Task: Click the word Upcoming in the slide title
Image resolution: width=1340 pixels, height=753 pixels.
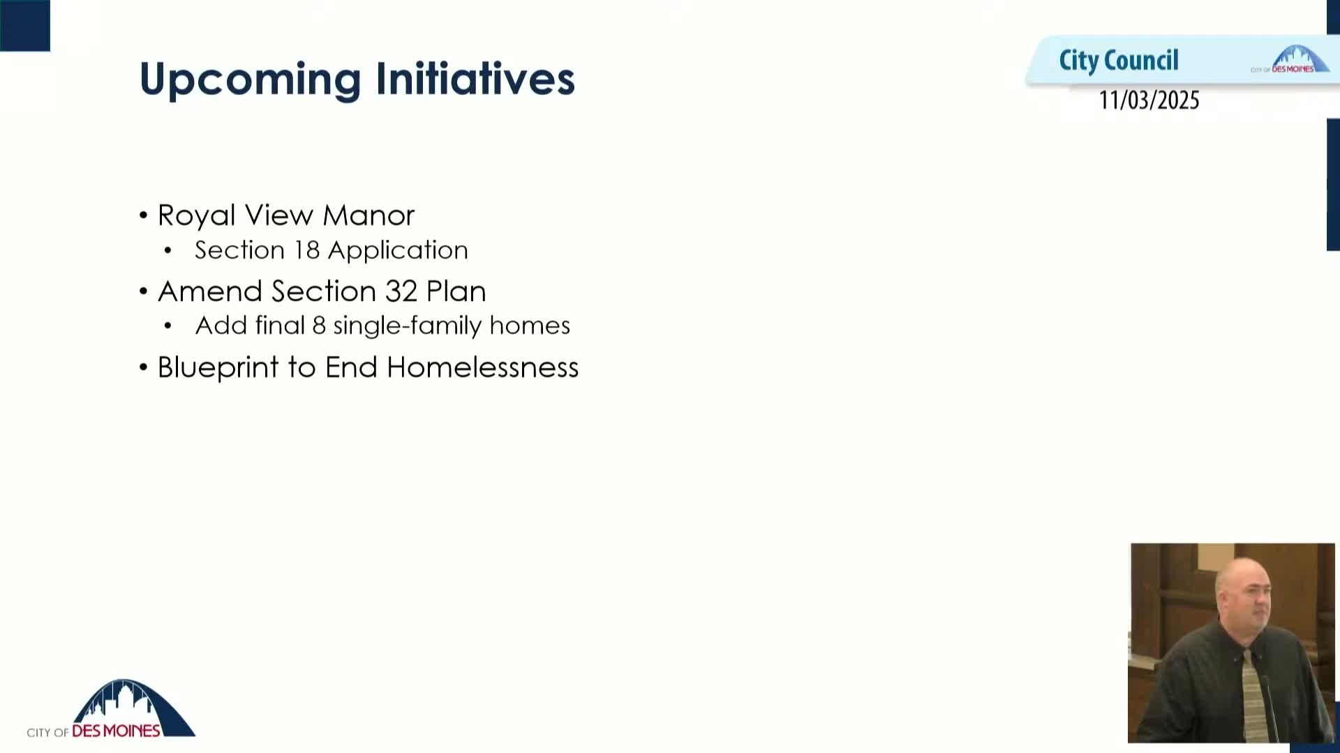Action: (x=250, y=79)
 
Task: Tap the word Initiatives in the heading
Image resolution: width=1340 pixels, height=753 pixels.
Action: (x=475, y=78)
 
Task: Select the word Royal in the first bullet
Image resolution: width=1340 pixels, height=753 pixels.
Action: (x=196, y=215)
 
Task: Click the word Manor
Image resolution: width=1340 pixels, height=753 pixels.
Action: (x=368, y=215)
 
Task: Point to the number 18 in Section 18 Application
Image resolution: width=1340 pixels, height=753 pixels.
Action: (x=306, y=250)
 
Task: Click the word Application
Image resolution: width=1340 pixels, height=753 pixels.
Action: (x=398, y=251)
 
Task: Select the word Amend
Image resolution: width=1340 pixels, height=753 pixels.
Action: (x=210, y=291)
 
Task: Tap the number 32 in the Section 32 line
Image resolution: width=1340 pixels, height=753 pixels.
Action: (x=401, y=291)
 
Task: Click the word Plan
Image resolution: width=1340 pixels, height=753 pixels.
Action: (x=456, y=291)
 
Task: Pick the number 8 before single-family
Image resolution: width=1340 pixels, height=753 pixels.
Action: (x=319, y=326)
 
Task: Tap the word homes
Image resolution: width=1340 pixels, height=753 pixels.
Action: (x=530, y=326)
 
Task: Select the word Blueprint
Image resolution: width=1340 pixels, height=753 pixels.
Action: (x=218, y=368)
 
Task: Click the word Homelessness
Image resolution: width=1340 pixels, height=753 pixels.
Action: (x=482, y=367)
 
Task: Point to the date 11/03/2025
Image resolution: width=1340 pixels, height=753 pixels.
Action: (x=1149, y=100)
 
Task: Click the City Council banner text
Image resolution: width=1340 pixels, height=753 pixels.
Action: (x=1118, y=61)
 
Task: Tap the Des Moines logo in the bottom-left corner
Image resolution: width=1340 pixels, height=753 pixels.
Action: (x=112, y=710)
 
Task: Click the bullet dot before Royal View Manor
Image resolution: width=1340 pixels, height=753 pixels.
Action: (x=144, y=215)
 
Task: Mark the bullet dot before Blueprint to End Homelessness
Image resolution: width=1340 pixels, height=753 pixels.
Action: (x=144, y=367)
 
